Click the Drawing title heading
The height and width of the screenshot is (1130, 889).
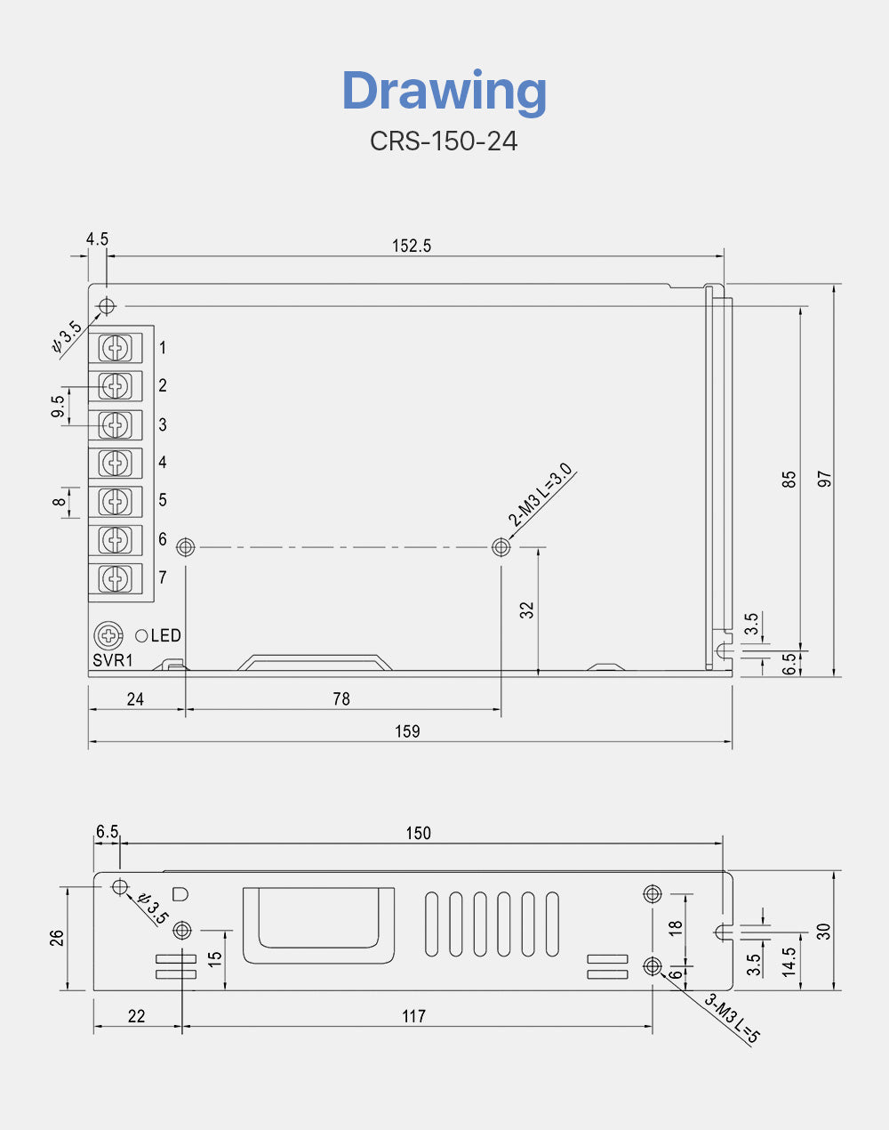(x=444, y=91)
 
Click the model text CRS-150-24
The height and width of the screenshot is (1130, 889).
(x=444, y=141)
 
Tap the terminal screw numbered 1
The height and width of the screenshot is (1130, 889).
(x=115, y=347)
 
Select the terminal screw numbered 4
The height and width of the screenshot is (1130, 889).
(x=115, y=463)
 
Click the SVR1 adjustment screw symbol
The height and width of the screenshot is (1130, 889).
(x=108, y=635)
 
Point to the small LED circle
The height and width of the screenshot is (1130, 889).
(x=141, y=635)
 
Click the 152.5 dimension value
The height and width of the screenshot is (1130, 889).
(x=412, y=246)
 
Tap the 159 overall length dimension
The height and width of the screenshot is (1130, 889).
(x=407, y=731)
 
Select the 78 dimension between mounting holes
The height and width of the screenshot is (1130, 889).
(x=341, y=699)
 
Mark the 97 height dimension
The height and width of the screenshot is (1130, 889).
(x=825, y=479)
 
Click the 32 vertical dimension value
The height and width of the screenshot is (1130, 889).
(x=527, y=610)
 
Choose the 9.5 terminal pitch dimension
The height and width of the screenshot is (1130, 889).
(x=58, y=407)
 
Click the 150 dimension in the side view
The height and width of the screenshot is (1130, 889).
(x=418, y=834)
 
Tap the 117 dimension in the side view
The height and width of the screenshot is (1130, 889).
(x=413, y=1016)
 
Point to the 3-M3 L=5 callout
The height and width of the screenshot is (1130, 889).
(x=733, y=1018)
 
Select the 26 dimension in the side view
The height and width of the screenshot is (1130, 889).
(x=57, y=938)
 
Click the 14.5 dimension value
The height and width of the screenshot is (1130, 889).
(x=789, y=962)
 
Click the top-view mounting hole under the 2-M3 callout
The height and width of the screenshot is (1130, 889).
(x=501, y=547)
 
